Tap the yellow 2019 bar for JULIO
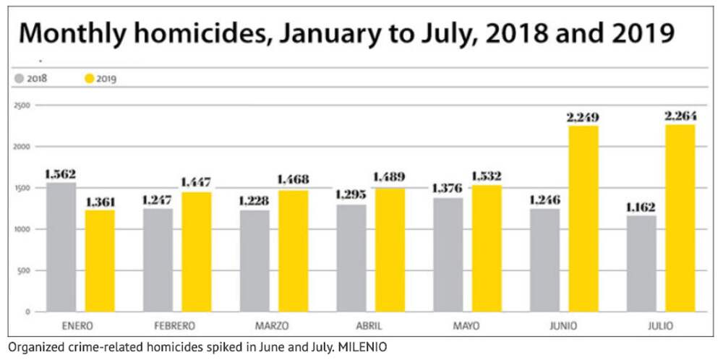pos(680,218)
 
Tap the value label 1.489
pos(390,176)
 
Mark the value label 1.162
pos(641,206)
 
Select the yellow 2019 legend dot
pos(90,78)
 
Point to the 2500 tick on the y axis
pos(21,106)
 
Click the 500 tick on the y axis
pos(24,270)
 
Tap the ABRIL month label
pos(369,325)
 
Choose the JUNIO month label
pos(563,325)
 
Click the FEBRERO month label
pos(176,325)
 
